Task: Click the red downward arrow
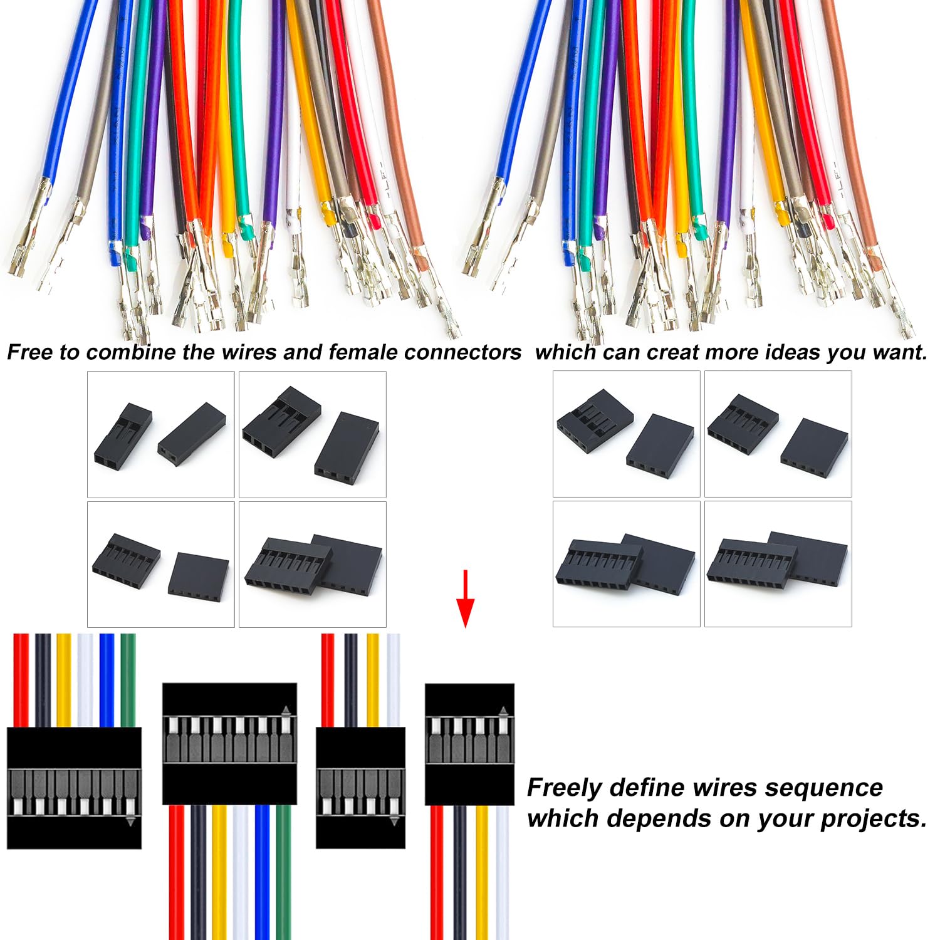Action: click(465, 598)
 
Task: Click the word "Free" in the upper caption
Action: click(30, 352)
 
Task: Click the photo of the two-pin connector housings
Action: click(161, 434)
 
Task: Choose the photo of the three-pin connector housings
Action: click(313, 434)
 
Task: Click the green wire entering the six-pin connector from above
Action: click(128, 681)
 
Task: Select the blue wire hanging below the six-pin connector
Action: click(262, 872)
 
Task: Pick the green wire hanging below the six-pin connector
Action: click(284, 872)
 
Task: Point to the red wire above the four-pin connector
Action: click(328, 681)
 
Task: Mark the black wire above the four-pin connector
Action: click(350, 681)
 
